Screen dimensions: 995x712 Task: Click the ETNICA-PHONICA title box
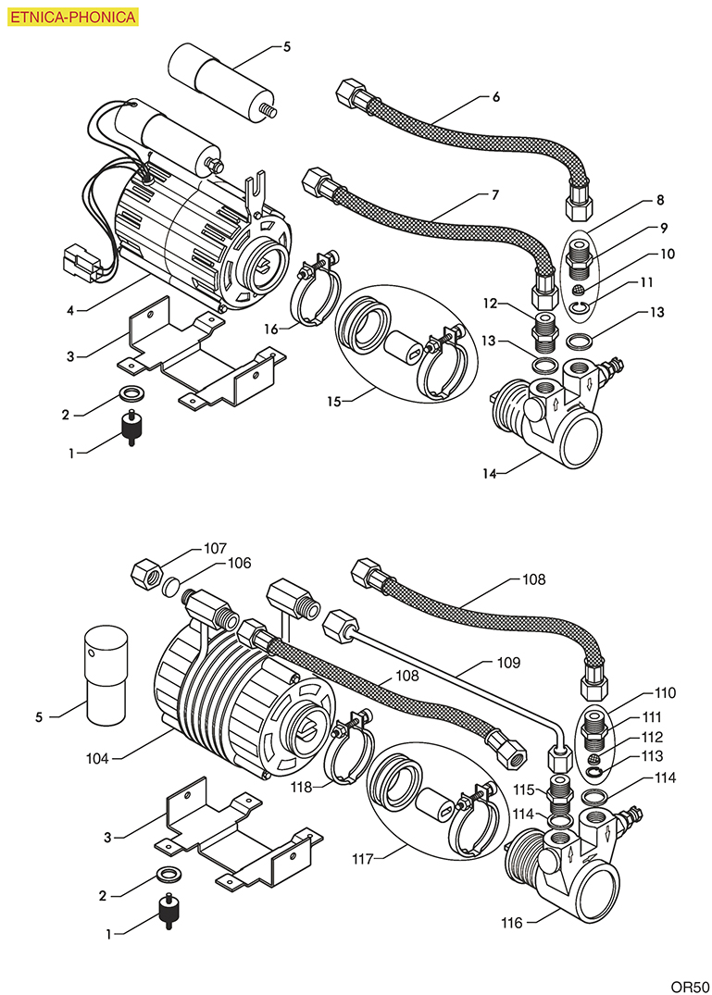click(72, 17)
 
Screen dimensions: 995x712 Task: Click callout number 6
click(496, 96)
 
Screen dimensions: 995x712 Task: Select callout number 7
click(495, 195)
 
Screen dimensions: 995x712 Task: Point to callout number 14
click(488, 473)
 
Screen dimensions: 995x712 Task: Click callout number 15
click(333, 402)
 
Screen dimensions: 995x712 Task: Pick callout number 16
click(269, 329)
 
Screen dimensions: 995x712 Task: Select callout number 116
click(512, 922)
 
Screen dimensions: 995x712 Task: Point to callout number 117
click(362, 859)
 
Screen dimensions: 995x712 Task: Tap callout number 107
click(216, 548)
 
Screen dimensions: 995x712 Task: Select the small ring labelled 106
click(171, 586)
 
